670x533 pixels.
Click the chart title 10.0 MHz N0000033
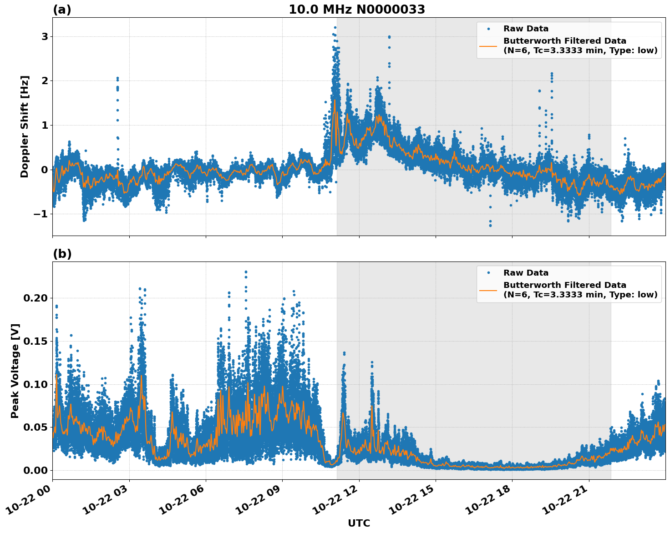pos(357,10)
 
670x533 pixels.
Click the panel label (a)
pos(62,10)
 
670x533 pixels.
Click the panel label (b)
pos(62,254)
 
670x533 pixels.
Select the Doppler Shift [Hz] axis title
pos(25,126)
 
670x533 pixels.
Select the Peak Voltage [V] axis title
pos(15,371)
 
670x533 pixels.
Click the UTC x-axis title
pos(359,523)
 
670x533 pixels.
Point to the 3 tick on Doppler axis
pos(45,36)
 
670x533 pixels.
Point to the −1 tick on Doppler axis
pos(41,214)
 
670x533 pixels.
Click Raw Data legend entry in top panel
pos(526,29)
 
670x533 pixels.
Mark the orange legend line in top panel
pos(488,46)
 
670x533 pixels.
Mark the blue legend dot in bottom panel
pos(488,273)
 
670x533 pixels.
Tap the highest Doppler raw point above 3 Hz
pos(335,27)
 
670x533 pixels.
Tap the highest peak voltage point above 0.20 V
pos(246,272)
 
